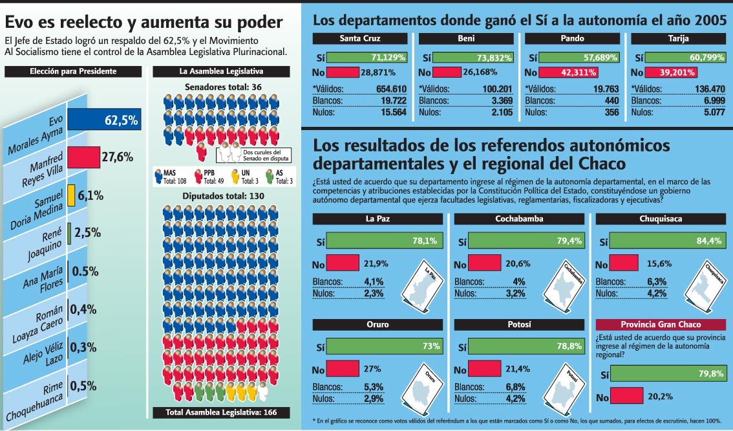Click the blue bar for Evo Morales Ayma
point(104,120)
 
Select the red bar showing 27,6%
point(84,157)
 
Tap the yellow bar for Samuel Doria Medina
point(71,195)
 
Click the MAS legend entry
point(169,177)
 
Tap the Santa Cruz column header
point(363,38)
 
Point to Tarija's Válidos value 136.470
point(705,89)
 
